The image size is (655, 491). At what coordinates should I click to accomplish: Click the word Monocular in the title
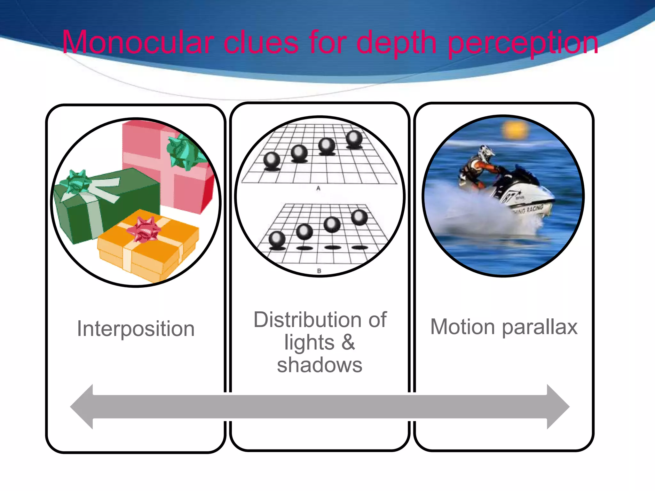click(138, 42)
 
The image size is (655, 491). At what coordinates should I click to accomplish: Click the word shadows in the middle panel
click(320, 365)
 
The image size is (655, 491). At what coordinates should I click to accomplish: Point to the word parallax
click(540, 327)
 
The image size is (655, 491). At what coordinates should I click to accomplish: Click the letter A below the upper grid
click(318, 188)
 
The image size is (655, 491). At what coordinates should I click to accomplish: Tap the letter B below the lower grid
click(319, 271)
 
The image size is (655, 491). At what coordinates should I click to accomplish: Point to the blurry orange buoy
click(515, 130)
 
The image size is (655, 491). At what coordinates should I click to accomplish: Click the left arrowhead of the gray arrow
click(82, 407)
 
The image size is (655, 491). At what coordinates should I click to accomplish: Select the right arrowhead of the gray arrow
click(558, 407)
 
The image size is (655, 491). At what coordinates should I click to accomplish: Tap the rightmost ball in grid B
click(359, 217)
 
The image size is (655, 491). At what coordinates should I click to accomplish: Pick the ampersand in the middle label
click(348, 342)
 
